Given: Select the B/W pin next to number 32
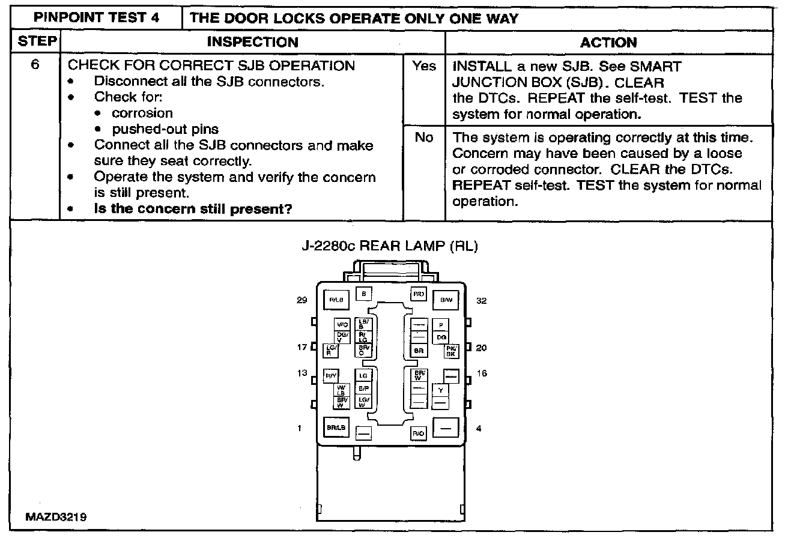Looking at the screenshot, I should point(446,299).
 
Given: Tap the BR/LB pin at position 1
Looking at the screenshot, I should point(336,428).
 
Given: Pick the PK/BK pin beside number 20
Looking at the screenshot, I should point(451,351).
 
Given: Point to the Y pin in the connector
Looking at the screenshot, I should point(440,390).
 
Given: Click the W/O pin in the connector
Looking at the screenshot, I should point(342,324).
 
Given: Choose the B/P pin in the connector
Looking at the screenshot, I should point(363,388).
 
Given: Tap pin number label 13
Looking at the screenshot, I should point(302,373).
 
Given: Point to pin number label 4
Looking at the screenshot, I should point(478,429).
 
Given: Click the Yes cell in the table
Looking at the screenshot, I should point(423,67).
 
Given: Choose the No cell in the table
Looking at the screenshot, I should point(423,138).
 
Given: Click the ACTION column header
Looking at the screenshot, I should point(608,42).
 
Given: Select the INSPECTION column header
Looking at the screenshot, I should point(252,42).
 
